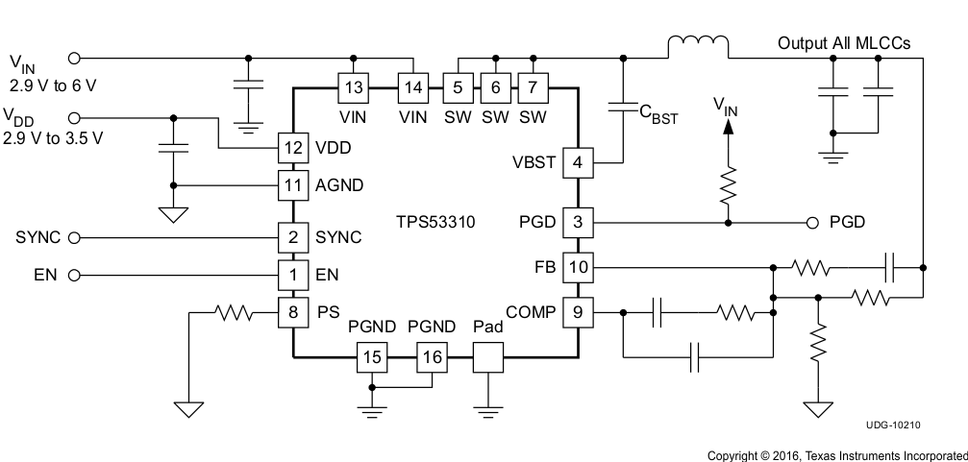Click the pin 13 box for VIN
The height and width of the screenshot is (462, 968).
click(x=354, y=87)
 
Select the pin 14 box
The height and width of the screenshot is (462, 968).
click(x=412, y=87)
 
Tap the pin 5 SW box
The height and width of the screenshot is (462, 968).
click(x=457, y=87)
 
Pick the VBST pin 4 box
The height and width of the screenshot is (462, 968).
click(x=577, y=162)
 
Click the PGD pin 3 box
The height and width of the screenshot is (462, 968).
click(x=577, y=223)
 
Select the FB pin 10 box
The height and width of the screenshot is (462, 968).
click(x=577, y=266)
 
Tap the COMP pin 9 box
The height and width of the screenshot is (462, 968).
click(x=577, y=311)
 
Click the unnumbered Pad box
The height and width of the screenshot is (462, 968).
click(x=488, y=359)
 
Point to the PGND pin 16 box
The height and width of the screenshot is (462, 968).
click(x=431, y=359)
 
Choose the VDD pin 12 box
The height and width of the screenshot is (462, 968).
click(x=292, y=148)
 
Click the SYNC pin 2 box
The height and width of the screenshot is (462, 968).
click(x=292, y=236)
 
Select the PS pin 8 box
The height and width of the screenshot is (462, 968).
click(x=292, y=311)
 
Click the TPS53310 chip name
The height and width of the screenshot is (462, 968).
click(x=434, y=223)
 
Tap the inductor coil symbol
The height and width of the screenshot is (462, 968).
click(x=697, y=45)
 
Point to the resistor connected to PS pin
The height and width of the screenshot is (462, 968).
click(x=232, y=311)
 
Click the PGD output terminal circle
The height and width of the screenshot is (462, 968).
click(x=812, y=223)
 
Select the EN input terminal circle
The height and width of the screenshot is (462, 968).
click(x=73, y=275)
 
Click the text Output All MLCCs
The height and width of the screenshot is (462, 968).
click(x=844, y=44)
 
